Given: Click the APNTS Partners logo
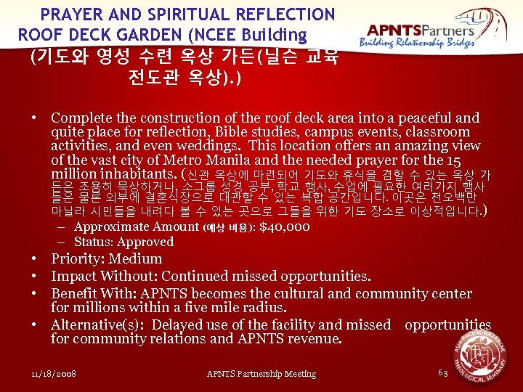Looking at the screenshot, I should [x=421, y=34].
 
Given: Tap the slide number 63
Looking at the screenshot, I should [x=443, y=372].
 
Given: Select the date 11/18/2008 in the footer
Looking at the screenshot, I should [x=54, y=374].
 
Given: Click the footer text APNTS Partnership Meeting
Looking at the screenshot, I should [x=261, y=374].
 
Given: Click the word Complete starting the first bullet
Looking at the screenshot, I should [x=81, y=118].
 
